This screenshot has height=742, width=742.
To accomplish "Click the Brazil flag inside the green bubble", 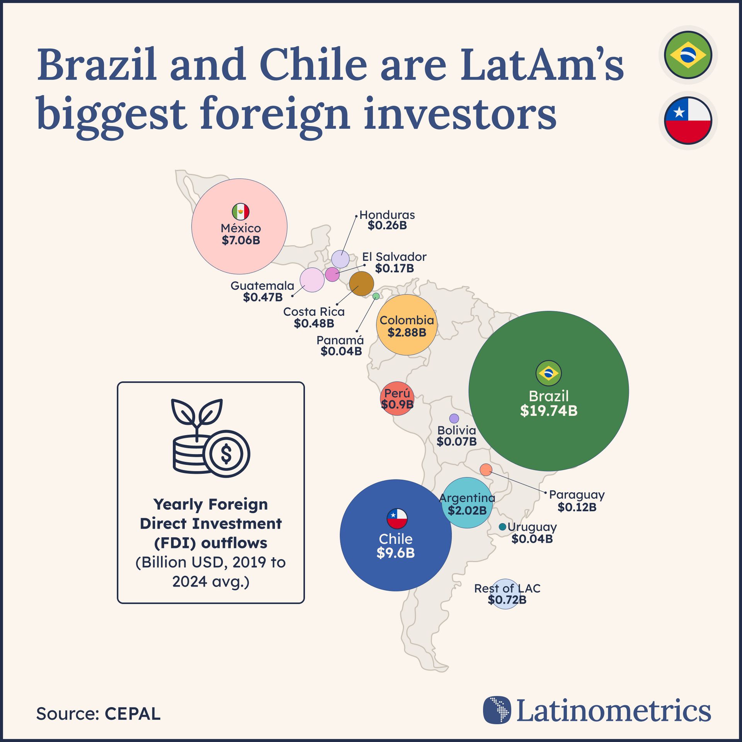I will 548,373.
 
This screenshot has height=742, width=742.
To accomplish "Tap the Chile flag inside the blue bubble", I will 397,519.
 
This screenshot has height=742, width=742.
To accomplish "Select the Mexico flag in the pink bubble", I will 240,212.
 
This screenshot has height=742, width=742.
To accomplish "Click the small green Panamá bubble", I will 376,296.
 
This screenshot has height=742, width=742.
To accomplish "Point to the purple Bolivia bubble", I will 454,419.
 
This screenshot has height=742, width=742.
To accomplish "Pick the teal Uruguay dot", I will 502,527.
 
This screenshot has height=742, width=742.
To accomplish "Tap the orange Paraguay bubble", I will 486,470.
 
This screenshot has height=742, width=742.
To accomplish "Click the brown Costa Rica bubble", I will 361,284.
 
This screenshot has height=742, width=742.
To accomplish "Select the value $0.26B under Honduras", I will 387,226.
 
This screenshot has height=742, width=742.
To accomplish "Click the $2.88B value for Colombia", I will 407,332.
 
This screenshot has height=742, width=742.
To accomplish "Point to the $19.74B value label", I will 548,411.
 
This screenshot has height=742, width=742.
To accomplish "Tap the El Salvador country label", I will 394,257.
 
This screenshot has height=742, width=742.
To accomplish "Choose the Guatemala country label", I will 262,286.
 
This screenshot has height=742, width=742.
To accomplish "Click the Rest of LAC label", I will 507,588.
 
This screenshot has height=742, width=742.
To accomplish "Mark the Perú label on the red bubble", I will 397,393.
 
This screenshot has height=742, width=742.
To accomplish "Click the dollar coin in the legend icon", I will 226,454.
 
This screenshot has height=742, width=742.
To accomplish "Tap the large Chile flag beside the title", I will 688,121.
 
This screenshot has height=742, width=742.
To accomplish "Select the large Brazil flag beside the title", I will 688,55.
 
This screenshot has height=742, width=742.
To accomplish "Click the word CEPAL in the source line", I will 132,714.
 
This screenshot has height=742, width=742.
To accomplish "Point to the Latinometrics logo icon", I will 497,710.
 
